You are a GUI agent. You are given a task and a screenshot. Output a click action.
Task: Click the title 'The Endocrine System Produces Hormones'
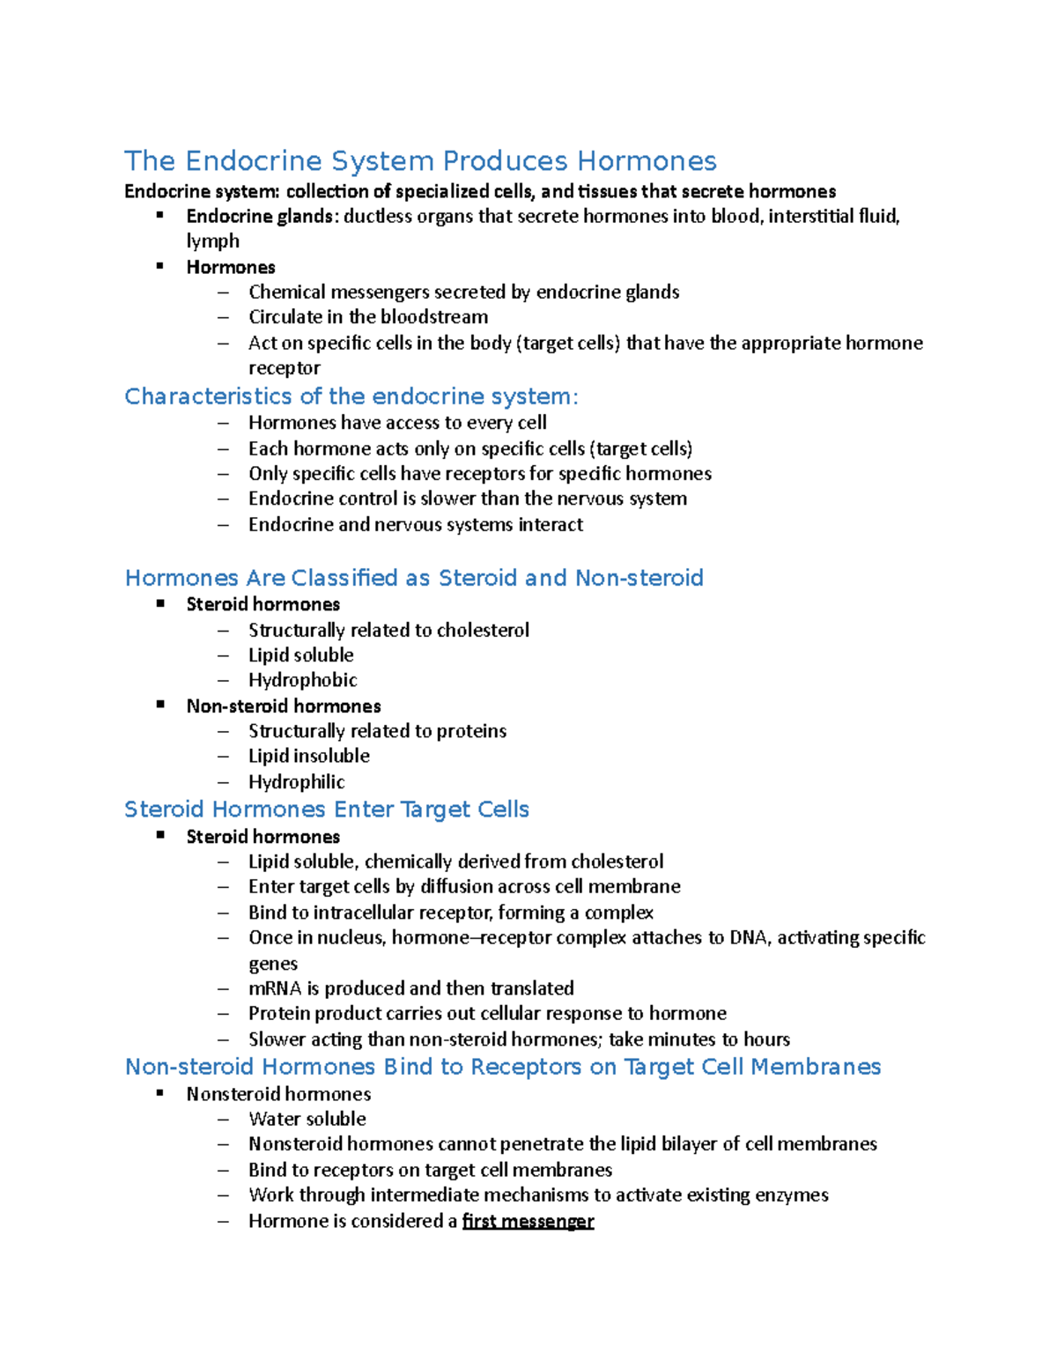(x=420, y=161)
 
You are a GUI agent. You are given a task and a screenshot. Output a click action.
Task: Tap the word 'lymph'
(x=212, y=241)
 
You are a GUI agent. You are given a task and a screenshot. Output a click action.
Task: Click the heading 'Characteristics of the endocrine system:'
(x=351, y=396)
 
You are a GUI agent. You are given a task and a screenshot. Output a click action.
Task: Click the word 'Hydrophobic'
(x=302, y=680)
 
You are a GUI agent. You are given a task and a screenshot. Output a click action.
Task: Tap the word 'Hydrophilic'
(x=296, y=782)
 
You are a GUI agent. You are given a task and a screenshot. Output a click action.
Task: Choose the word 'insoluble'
(x=332, y=756)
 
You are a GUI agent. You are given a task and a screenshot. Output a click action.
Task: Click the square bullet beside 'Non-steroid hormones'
(x=160, y=705)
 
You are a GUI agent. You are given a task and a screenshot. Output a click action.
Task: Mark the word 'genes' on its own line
(x=273, y=964)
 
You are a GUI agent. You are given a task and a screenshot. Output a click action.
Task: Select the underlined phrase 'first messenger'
(x=528, y=1221)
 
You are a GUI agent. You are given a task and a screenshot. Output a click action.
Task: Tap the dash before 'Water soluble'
(x=223, y=1120)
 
